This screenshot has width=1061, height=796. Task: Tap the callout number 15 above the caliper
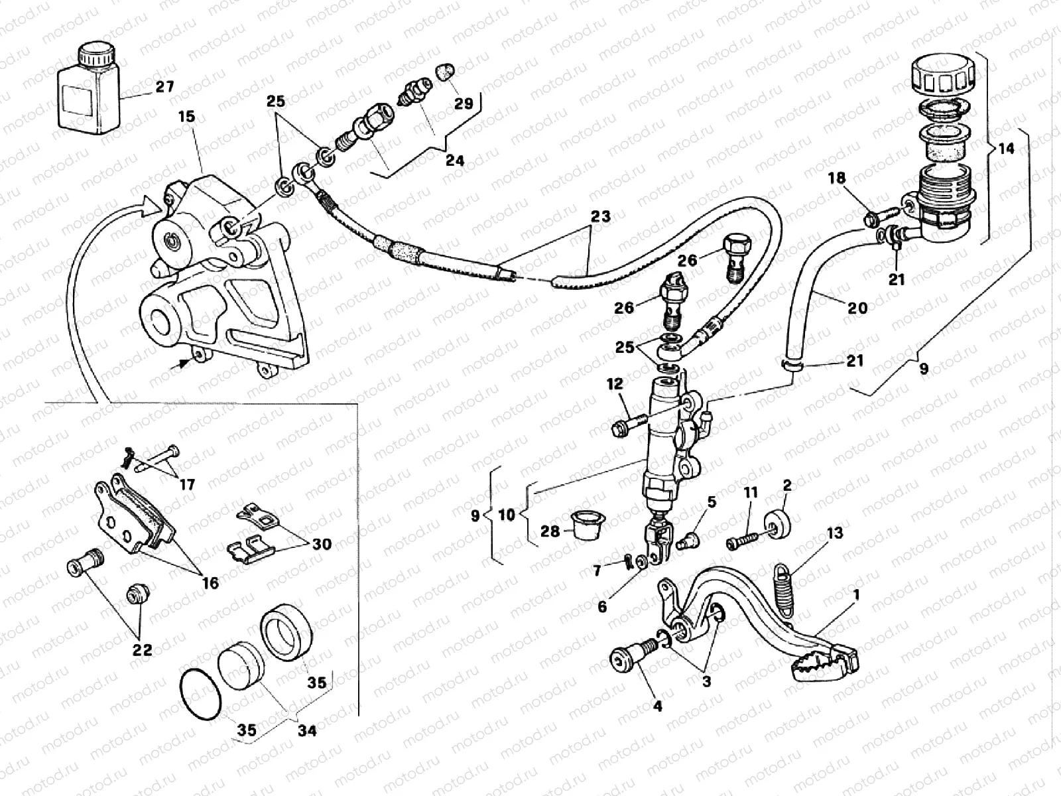pyautogui.click(x=186, y=117)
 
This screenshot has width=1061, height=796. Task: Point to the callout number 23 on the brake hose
pyautogui.click(x=601, y=217)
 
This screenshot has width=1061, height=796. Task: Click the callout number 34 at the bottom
pyautogui.click(x=306, y=731)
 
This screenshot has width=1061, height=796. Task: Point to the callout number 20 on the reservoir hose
pyautogui.click(x=857, y=307)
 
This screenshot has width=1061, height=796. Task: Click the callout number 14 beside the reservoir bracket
pyautogui.click(x=1005, y=149)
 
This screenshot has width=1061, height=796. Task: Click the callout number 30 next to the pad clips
pyautogui.click(x=322, y=544)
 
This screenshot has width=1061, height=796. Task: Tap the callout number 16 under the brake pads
pyautogui.click(x=210, y=583)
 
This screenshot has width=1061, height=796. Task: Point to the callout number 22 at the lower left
pyautogui.click(x=143, y=649)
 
